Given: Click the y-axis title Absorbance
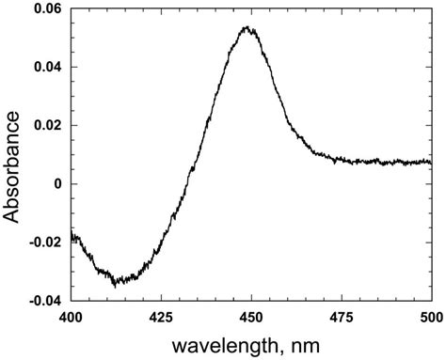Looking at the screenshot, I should [13, 165].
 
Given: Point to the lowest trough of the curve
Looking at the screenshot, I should [115, 283].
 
